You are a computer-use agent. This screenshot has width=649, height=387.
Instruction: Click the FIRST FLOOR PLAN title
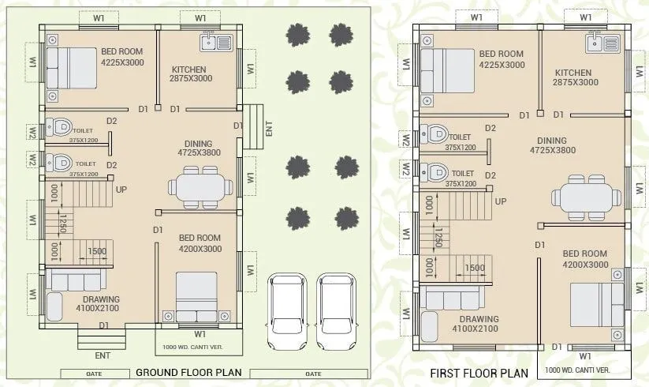[479, 373]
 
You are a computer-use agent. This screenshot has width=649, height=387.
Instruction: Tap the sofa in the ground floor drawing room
[74, 280]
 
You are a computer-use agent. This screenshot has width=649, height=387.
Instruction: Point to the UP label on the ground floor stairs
[121, 190]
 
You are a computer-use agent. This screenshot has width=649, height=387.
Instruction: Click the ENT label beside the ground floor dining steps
[269, 129]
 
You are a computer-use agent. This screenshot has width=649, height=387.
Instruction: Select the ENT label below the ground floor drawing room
[103, 356]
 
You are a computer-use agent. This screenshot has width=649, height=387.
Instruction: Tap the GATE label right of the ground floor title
[312, 373]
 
